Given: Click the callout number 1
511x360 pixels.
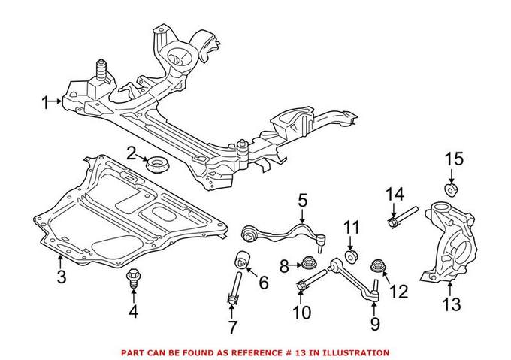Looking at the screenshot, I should [x=46, y=101].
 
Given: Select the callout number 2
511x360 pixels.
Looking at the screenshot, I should [x=132, y=155].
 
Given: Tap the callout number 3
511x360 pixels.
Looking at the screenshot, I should [x=61, y=277].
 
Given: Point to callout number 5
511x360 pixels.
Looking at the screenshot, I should [x=302, y=201].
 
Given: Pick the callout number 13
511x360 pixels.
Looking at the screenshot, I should [x=450, y=304].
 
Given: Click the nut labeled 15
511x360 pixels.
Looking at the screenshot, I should [x=452, y=187].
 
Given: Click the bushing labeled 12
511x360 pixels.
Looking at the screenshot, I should [x=379, y=266].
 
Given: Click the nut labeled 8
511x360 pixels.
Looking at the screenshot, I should [x=307, y=263].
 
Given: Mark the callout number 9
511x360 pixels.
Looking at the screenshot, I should [x=375, y=324].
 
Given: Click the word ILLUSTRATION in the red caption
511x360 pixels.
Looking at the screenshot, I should [x=355, y=352].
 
